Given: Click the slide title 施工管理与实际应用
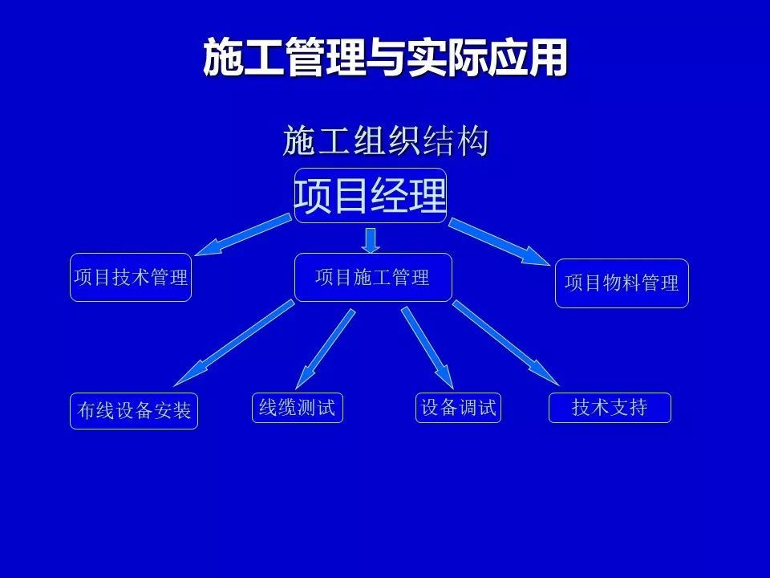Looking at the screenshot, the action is [x=385, y=57].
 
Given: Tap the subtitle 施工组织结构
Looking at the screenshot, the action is [x=386, y=141].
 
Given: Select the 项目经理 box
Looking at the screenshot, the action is [x=371, y=196].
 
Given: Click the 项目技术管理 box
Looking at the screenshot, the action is [x=131, y=277].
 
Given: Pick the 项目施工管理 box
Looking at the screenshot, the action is [x=373, y=277].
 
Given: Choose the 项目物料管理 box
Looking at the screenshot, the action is [x=622, y=283].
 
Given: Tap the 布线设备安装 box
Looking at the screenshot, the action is [x=134, y=411].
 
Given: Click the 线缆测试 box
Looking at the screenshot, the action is [x=298, y=408].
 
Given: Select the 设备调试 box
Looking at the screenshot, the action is [x=458, y=408].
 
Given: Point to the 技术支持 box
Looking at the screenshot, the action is [x=610, y=408].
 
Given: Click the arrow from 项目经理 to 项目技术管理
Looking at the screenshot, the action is [x=243, y=234].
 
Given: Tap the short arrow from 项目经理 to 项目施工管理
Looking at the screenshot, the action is [x=371, y=240].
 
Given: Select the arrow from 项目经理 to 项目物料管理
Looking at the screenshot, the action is [x=499, y=242].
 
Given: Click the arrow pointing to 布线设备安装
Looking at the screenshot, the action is [x=234, y=343].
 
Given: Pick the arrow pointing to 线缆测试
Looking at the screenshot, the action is [x=325, y=349].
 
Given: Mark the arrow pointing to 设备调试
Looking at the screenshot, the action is [x=428, y=348].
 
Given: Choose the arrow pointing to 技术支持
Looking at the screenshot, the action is [x=506, y=343].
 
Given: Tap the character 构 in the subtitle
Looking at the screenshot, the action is [x=473, y=141].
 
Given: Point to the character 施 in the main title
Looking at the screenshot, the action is [x=224, y=58].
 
